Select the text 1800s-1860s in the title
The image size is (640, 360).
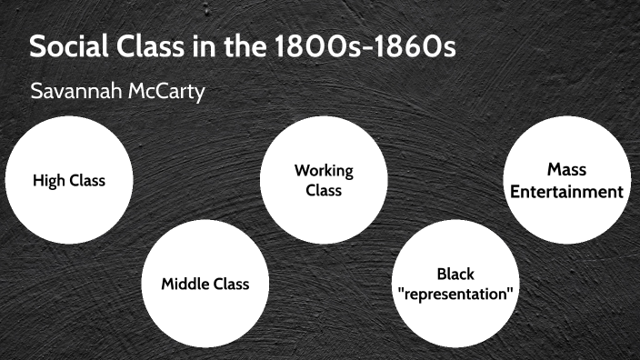click(x=364, y=47)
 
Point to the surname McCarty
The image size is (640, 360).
click(x=170, y=91)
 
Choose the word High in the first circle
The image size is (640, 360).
click(x=48, y=180)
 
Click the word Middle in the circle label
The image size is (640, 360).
click(x=185, y=283)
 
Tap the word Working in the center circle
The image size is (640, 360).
click(x=324, y=170)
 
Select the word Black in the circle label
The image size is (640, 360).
click(x=455, y=274)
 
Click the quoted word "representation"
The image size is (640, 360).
click(x=455, y=295)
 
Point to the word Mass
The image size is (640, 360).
click(x=566, y=169)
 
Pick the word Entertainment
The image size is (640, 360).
click(x=566, y=191)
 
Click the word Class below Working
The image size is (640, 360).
click(x=324, y=190)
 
